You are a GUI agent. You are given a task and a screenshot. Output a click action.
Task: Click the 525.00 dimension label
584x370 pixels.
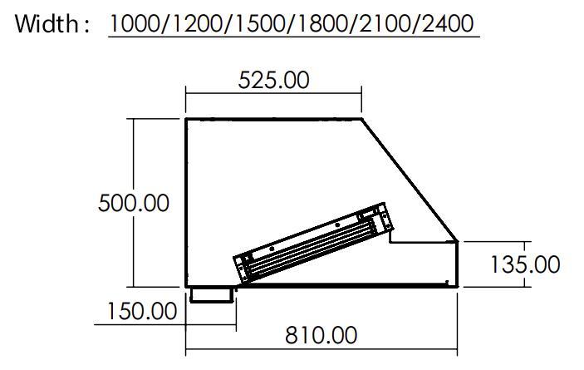click(x=273, y=81)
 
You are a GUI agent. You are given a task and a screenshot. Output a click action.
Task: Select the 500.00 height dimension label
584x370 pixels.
click(x=133, y=202)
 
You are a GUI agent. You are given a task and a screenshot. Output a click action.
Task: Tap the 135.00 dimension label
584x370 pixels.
click(x=525, y=264)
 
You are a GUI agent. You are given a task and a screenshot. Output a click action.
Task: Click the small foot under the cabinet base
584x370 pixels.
click(x=211, y=294)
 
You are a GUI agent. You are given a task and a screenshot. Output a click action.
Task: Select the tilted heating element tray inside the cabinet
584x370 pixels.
click(x=314, y=242)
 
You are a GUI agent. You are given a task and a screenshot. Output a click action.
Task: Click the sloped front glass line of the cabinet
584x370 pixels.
click(x=409, y=180)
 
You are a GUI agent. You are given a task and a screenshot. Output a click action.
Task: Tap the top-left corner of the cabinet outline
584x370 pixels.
click(x=185, y=119)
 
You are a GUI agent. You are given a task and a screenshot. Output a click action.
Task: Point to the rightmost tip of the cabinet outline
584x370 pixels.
click(x=459, y=242)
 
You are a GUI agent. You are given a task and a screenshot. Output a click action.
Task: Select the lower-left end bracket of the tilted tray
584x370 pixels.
click(x=243, y=267)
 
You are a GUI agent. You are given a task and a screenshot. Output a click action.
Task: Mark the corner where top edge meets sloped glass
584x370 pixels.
click(x=362, y=119)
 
